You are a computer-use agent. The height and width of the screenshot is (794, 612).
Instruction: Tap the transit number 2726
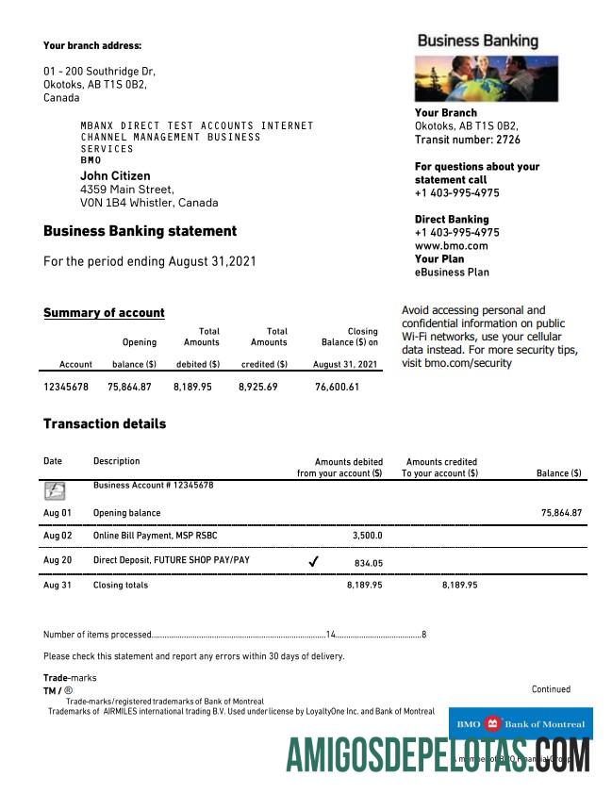coord(507,140)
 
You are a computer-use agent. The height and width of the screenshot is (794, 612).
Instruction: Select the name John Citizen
coord(115,175)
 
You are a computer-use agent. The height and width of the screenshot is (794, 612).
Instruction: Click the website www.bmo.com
coord(451,245)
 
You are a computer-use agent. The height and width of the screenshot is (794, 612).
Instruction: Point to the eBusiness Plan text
coord(452,272)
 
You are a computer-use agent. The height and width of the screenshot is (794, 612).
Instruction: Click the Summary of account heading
coord(104,313)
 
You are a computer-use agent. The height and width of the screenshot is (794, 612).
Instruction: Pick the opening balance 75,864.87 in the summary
coord(130,387)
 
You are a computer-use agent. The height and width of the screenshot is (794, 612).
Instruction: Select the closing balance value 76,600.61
coord(337,387)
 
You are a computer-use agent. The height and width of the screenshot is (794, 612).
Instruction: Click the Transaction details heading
coord(105,424)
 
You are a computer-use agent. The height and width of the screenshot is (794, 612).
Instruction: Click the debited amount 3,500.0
coord(366,536)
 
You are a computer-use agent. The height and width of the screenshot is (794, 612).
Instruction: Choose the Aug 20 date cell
coord(58,560)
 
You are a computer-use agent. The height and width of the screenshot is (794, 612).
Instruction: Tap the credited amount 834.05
coord(368,562)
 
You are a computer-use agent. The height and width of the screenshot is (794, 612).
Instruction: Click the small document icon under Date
coord(56,490)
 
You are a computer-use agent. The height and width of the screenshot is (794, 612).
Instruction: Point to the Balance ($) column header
coord(558,473)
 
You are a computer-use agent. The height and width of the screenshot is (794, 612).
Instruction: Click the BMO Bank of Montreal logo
coord(521,724)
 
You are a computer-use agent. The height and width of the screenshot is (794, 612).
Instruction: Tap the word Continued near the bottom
coord(551,689)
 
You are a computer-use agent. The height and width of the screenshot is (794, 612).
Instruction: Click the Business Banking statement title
coord(140,231)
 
